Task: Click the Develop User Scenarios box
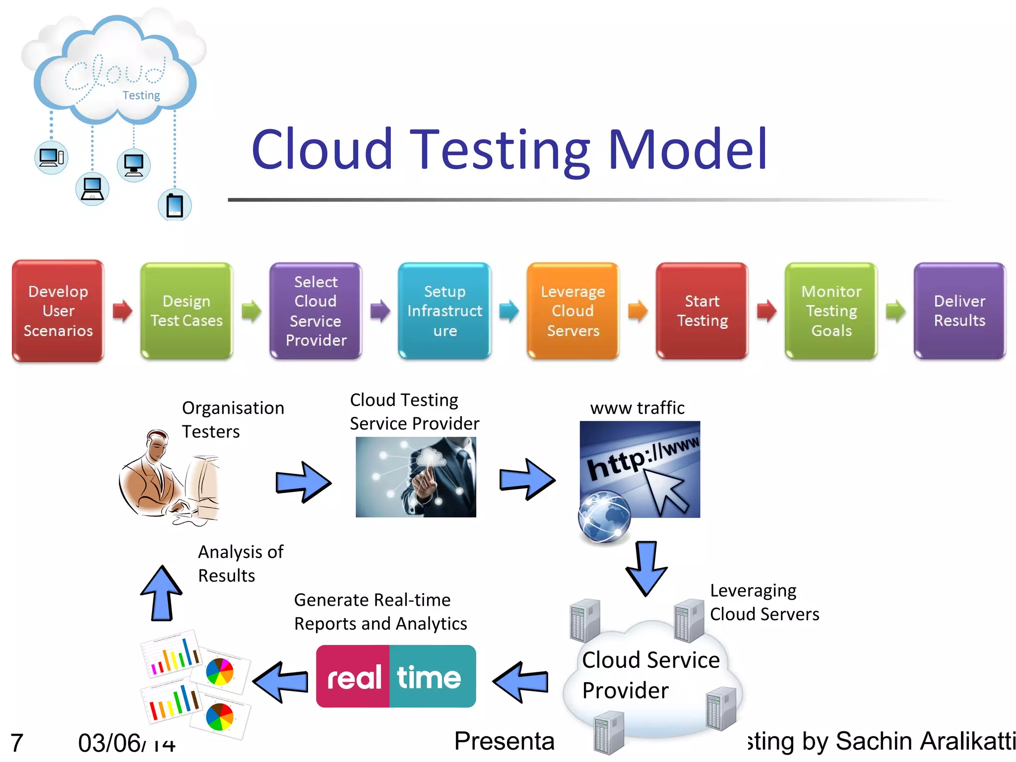(58, 311)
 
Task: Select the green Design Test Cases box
(187, 311)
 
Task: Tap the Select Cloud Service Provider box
(316, 311)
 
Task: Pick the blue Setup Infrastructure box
(444, 311)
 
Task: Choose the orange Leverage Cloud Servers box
(573, 311)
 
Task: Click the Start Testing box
(702, 311)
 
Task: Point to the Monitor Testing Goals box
(831, 311)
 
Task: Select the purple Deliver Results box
(959, 311)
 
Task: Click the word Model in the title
(688, 149)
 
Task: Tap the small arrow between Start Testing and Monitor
(766, 311)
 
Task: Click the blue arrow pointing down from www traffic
(646, 568)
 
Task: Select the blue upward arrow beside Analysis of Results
(161, 593)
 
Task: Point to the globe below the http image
(604, 517)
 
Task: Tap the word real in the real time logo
(354, 678)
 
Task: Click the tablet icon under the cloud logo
(175, 205)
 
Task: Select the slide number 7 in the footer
(17, 743)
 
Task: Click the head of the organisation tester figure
(158, 444)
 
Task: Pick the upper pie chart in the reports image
(220, 672)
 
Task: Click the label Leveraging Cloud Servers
(764, 602)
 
